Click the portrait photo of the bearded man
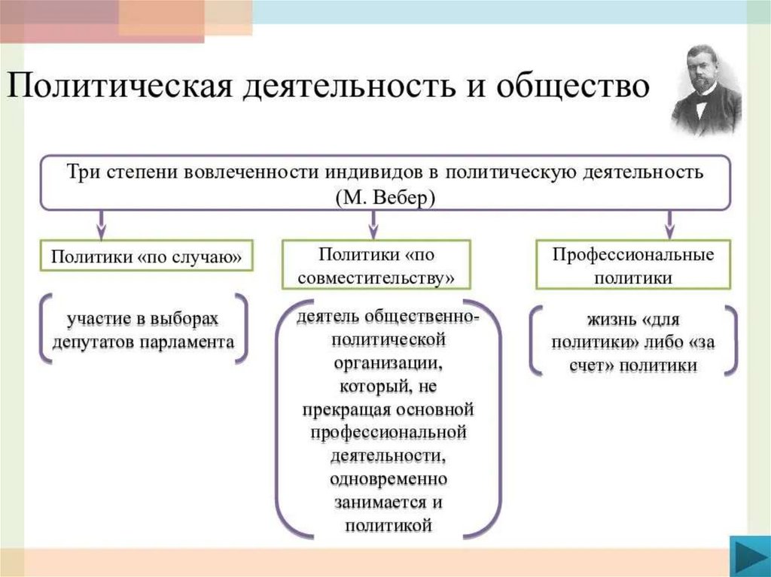705,90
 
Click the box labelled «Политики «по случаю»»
147,257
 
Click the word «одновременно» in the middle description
388,479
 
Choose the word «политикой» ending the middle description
388,526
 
